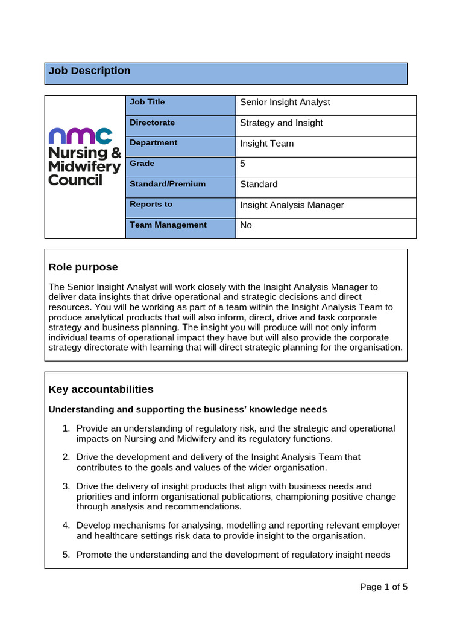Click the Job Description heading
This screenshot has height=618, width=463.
pyautogui.click(x=90, y=71)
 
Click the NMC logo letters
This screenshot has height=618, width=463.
pyautogui.click(x=80, y=136)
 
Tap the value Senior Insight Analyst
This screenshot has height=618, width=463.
pyautogui.click(x=285, y=103)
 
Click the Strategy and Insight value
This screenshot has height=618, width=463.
pyautogui.click(x=282, y=123)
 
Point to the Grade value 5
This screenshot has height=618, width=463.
pyautogui.click(x=243, y=164)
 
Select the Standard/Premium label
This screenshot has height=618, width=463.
pyautogui.click(x=168, y=184)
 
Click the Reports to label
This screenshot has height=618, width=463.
pyautogui.click(x=151, y=205)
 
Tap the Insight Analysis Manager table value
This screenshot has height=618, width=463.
pyautogui.click(x=292, y=205)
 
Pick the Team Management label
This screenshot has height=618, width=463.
pyautogui.click(x=168, y=225)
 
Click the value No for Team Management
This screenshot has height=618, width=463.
pyautogui.click(x=246, y=225)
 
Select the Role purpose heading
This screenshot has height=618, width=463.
pyautogui.click(x=83, y=267)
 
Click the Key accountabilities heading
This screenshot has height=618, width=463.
pyautogui.click(x=101, y=389)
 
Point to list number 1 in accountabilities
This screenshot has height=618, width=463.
pyautogui.click(x=66, y=428)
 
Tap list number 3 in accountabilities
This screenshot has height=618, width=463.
pyautogui.click(x=66, y=486)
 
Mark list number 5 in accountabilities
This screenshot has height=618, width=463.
pyautogui.click(x=66, y=555)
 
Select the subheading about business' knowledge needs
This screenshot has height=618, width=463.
pyautogui.click(x=187, y=410)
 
